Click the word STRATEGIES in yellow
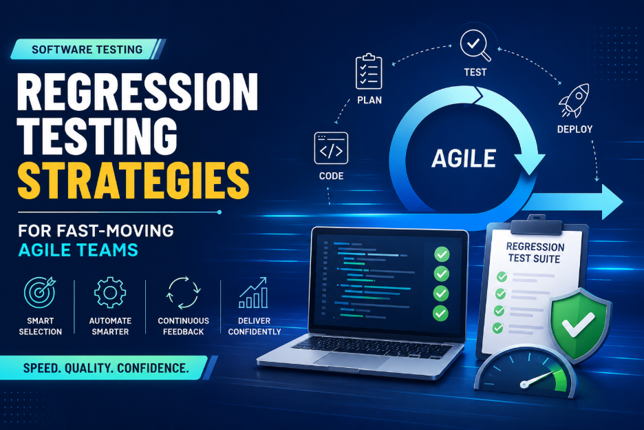133,181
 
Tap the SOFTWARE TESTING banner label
87,50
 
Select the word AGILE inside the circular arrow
464,158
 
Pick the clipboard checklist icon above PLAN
368,71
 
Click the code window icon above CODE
331,148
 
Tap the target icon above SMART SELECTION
40,292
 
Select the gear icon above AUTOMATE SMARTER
110,293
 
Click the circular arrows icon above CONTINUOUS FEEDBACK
183,293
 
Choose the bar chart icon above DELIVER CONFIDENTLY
254,293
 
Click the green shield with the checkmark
579,325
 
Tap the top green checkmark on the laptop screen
442,254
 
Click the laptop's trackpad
352,360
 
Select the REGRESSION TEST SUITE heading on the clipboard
535,253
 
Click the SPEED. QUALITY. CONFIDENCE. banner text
106,368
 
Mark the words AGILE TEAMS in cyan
78,250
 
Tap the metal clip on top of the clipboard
536,225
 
